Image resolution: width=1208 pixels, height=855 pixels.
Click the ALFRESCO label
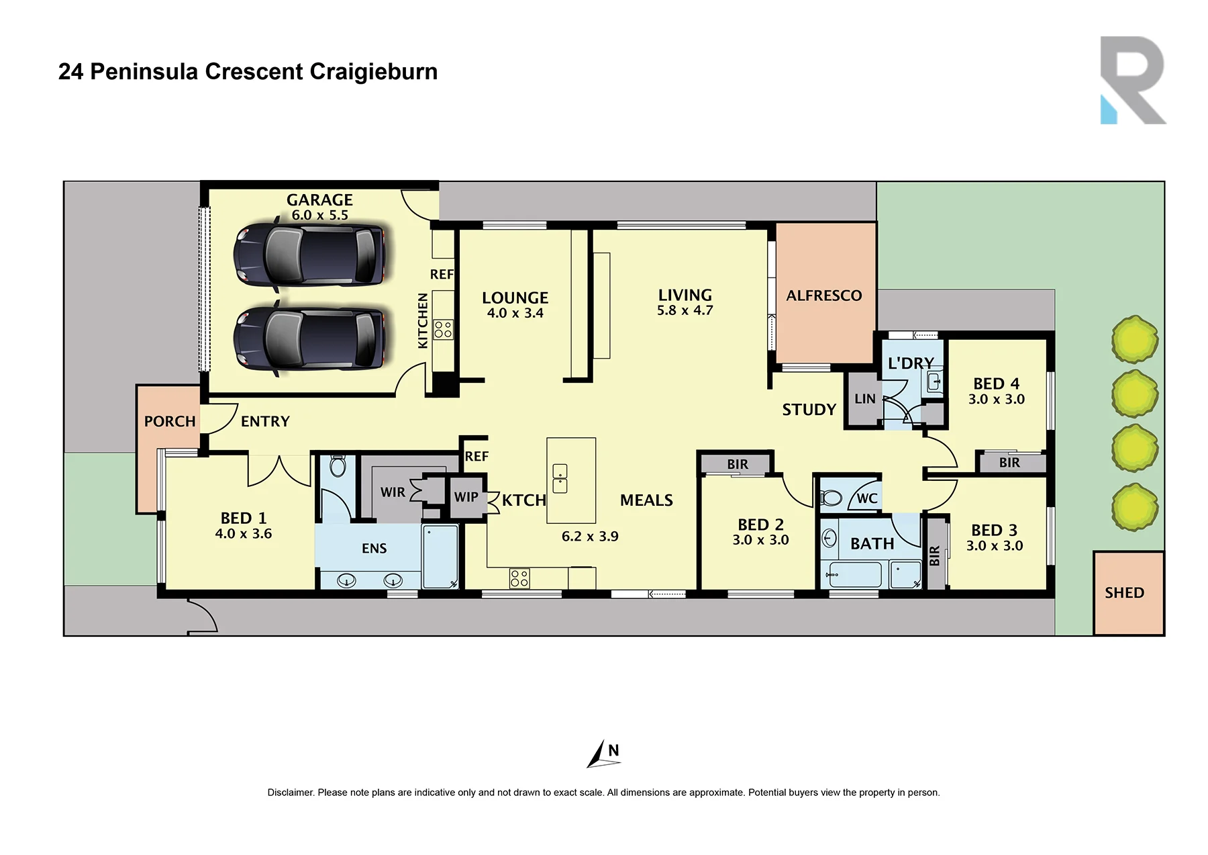tap(824, 296)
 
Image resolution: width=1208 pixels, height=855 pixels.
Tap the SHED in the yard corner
tap(1128, 593)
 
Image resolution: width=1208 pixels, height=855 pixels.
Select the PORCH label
tap(170, 422)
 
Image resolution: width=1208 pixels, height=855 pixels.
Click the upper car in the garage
tap(310, 255)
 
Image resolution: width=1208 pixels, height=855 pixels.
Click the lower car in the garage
tap(310, 339)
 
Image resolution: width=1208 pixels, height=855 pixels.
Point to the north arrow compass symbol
tap(603, 754)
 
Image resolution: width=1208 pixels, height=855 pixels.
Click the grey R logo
tap(1134, 80)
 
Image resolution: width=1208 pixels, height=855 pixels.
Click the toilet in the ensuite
tap(338, 465)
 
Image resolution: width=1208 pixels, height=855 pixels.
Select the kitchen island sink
tap(560, 478)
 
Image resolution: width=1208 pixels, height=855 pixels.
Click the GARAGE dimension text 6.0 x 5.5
tap(319, 216)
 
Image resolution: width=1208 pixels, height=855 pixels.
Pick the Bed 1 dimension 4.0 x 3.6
tap(243, 534)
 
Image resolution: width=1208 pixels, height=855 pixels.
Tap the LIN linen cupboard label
tap(865, 399)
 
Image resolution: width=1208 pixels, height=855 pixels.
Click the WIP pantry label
tap(466, 497)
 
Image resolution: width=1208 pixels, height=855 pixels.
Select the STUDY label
tap(809, 410)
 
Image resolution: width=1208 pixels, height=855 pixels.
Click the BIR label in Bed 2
tap(738, 465)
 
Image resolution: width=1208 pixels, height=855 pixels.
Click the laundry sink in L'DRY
tap(934, 382)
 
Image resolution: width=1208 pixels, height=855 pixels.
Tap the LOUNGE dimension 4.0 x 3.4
tap(515, 313)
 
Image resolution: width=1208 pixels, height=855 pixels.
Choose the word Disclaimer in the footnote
tap(291, 793)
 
